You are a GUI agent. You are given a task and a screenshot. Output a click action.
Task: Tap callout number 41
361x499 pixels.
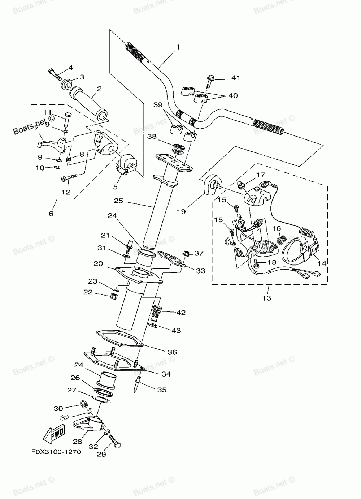(236, 78)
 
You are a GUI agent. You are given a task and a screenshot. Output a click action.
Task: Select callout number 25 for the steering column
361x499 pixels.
(119, 200)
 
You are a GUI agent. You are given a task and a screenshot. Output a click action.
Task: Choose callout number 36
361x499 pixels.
(172, 352)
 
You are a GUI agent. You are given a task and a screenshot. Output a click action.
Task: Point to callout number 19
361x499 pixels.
(181, 211)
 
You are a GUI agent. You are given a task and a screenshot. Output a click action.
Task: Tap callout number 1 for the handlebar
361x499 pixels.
(178, 47)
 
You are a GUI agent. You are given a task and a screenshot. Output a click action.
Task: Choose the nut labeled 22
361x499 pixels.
(112, 296)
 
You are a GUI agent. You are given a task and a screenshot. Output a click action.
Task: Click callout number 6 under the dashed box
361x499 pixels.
(51, 214)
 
